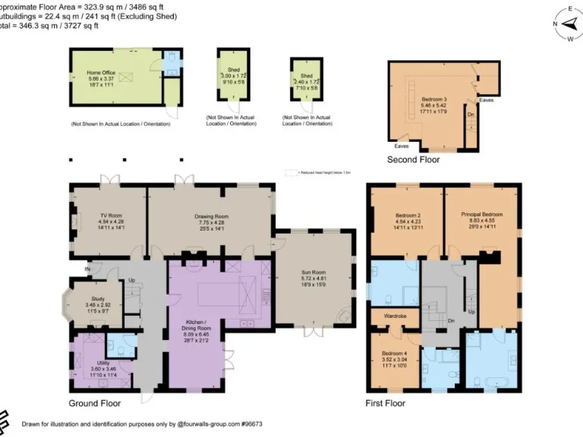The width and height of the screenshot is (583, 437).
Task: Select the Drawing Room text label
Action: [x=212, y=216]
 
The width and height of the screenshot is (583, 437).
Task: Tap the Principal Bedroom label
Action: [x=482, y=216]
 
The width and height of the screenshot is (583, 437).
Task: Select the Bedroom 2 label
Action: [x=408, y=216]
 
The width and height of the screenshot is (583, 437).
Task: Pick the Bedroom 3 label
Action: [x=431, y=99]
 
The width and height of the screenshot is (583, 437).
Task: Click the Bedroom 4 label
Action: [x=393, y=354]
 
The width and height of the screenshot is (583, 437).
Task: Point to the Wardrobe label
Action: [x=392, y=317]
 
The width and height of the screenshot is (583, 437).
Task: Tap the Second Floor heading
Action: [x=414, y=159]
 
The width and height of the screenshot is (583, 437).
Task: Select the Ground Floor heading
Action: [x=95, y=403]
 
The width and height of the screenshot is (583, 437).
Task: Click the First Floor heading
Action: [x=386, y=403]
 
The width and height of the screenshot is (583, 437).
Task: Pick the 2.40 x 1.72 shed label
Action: [x=307, y=76]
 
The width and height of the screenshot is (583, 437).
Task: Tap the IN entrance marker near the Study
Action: [x=87, y=269]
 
